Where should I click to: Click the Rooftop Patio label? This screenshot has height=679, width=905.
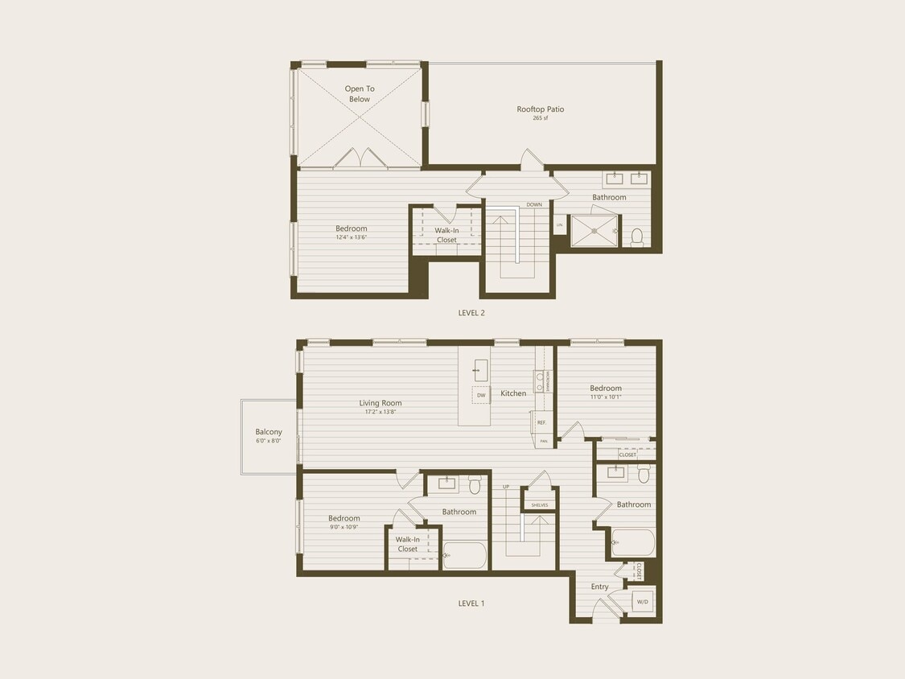tap(540, 109)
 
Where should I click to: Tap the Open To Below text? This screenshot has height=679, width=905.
tap(360, 94)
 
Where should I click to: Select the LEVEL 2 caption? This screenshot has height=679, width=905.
tap(471, 313)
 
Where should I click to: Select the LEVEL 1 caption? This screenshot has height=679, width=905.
tap(471, 603)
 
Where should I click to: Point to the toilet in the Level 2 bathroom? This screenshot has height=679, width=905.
tap(637, 237)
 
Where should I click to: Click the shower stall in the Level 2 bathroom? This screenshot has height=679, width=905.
tap(594, 231)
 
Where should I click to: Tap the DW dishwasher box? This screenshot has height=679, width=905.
tap(481, 395)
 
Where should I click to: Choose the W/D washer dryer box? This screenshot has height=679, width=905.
tap(643, 602)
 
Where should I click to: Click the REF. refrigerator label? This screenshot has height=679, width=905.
tap(541, 422)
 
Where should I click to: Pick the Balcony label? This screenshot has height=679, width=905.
tap(269, 432)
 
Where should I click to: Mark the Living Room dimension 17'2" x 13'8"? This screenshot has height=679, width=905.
tap(381, 412)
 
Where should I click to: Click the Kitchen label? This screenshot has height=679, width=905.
tap(513, 393)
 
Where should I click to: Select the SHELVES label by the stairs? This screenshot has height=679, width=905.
tap(539, 505)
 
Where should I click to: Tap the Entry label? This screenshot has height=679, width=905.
tap(600, 586)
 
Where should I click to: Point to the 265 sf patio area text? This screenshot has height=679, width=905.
tap(540, 118)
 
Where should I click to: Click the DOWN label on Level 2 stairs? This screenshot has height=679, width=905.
tap(534, 204)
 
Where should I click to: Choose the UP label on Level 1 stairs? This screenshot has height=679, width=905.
tap(506, 487)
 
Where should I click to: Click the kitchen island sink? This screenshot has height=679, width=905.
tap(481, 371)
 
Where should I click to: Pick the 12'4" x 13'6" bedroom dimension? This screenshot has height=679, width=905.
tap(352, 237)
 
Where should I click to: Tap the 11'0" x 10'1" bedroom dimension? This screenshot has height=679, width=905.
tap(606, 397)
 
